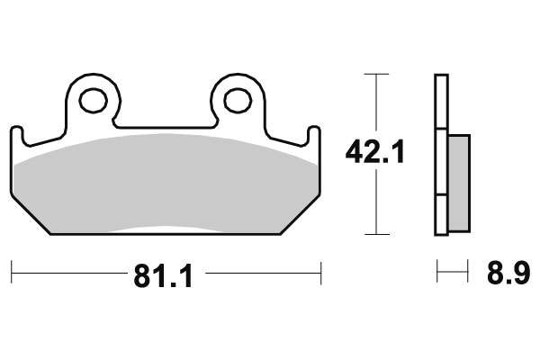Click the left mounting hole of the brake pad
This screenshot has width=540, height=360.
pos(93,101)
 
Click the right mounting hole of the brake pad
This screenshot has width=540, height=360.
pos(237,101)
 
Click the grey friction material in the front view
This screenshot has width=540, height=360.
pos(166,184)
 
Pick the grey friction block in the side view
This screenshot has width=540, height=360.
pos(457,180)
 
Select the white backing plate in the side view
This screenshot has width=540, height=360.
pos(440,153)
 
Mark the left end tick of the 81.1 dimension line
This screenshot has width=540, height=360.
pos(12,268)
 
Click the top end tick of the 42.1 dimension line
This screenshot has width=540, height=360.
pos(375,74)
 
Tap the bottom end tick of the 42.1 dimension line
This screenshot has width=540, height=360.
pos(375,234)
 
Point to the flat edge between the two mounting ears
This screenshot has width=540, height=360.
pos(165,126)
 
